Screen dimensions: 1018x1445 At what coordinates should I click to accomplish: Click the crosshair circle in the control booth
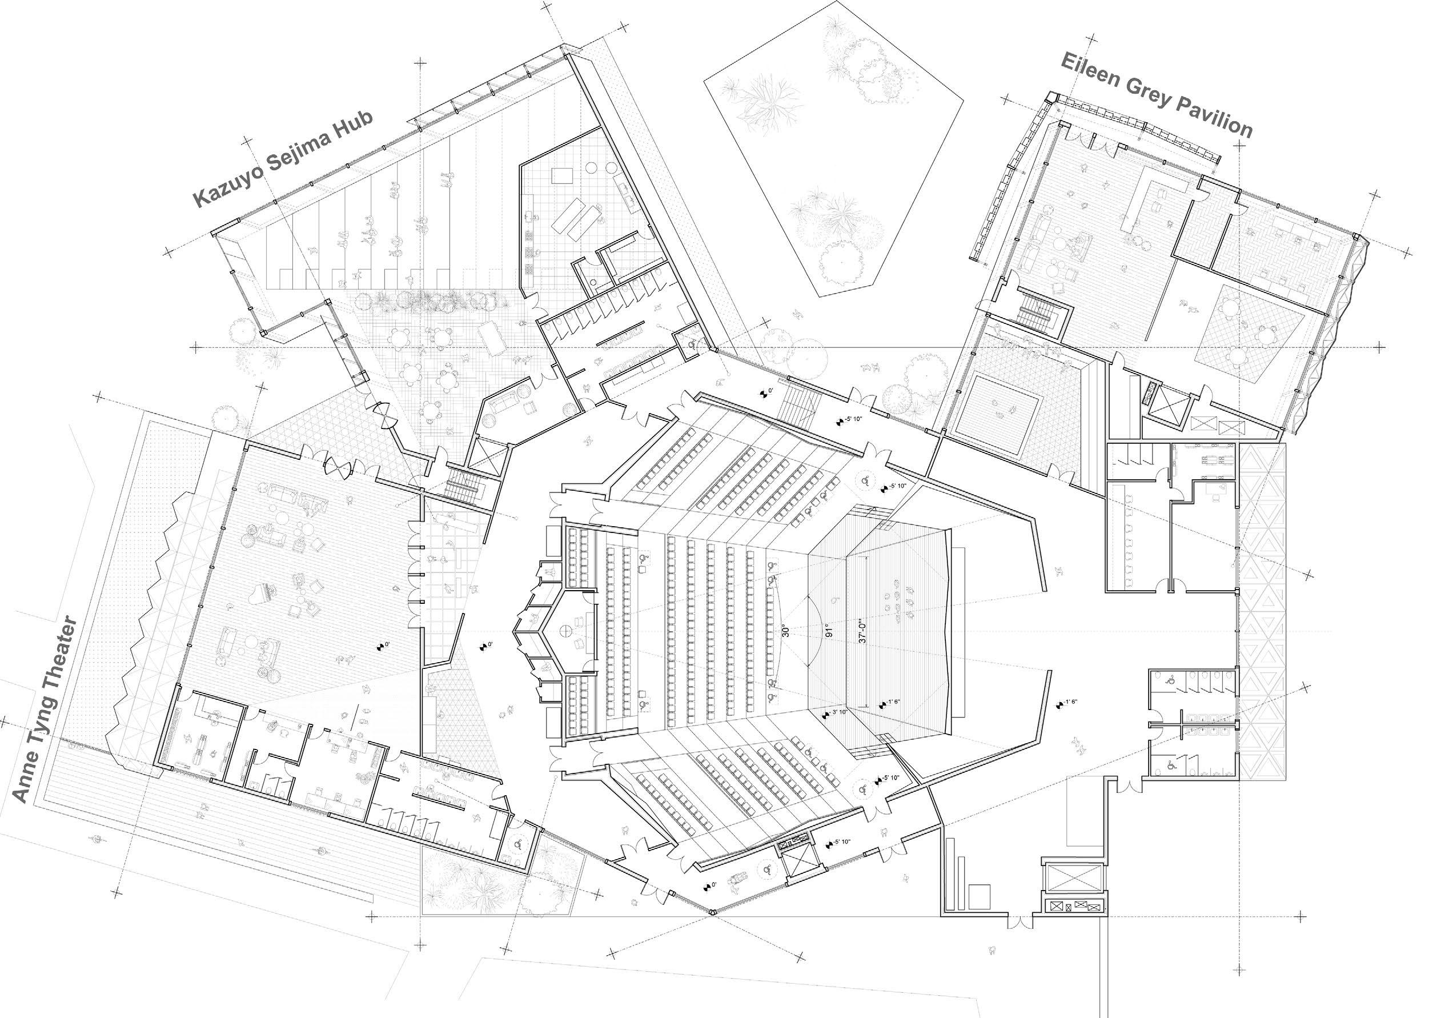[565, 630]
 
